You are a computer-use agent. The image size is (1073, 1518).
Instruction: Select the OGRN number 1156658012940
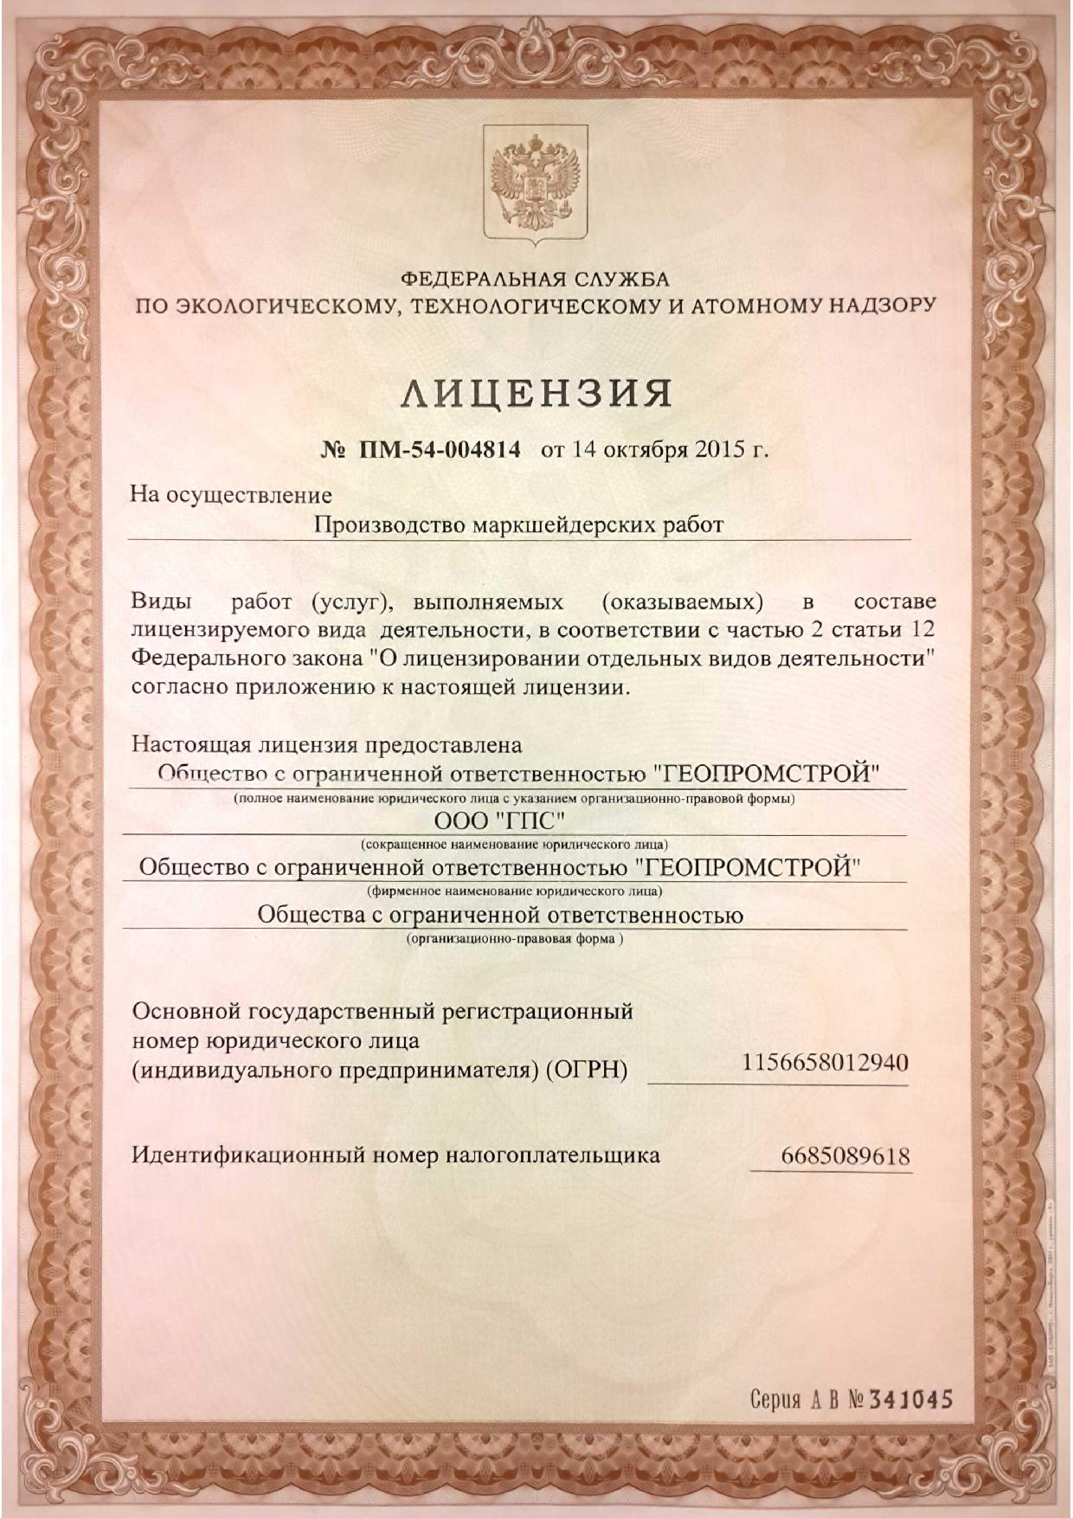pos(825,1062)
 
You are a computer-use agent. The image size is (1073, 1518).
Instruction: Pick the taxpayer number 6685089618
pos(845,1156)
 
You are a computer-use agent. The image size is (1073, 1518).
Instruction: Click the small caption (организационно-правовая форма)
pos(514,938)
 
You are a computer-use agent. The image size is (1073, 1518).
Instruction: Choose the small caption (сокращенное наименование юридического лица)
pos(514,843)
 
